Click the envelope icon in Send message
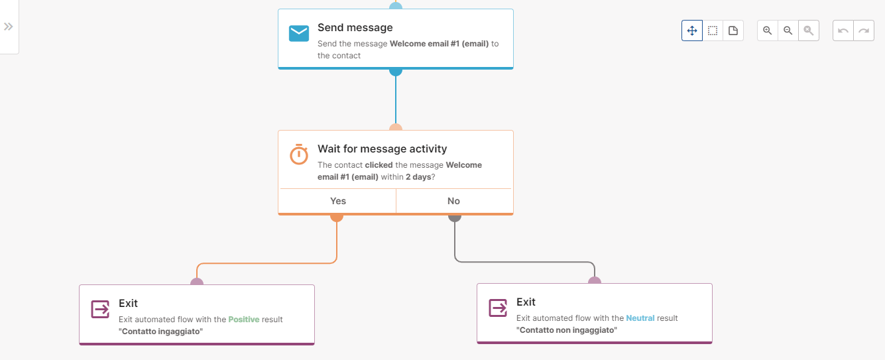pos(299,33)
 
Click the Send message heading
pos(355,28)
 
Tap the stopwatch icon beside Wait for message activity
pos(299,154)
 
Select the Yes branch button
pos(337,201)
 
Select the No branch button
pos(454,201)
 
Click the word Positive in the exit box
pos(244,320)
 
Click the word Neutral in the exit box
pos(640,318)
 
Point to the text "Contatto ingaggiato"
pos(160,331)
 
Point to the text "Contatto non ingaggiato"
pos(567,330)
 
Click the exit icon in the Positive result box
pos(100,309)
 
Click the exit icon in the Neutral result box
pos(498,308)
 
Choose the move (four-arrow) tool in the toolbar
pos(692,30)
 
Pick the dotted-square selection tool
pos(713,30)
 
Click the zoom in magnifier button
pos(768,30)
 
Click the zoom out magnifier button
pos(788,30)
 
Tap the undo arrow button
pos(843,30)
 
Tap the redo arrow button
pos(864,30)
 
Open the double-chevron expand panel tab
pos(9,27)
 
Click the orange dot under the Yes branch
pos(337,216)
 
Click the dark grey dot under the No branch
pos(455,216)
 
